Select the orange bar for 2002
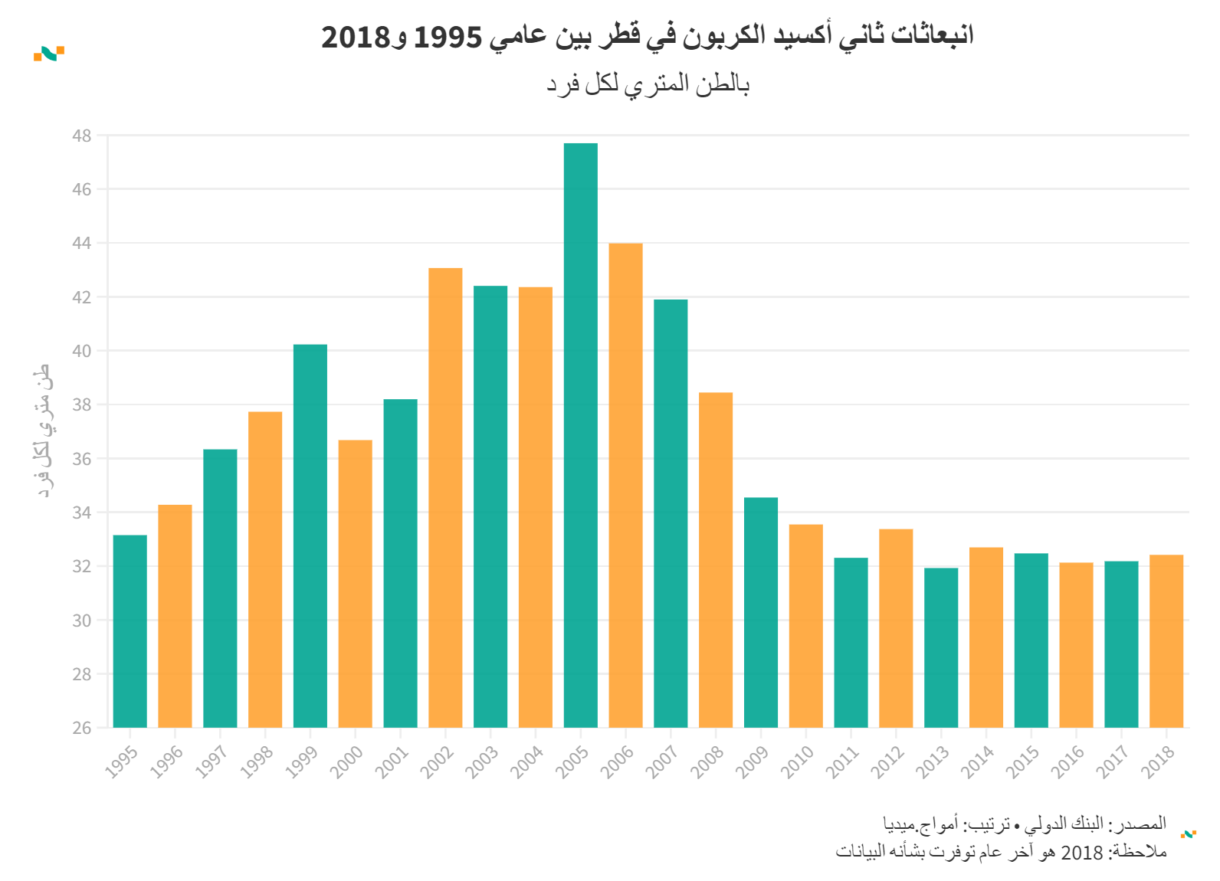[445, 498]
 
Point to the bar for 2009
[761, 612]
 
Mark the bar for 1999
[310, 536]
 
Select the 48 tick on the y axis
[81, 136]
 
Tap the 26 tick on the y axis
[81, 728]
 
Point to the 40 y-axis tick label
[81, 352]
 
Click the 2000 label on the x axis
[346, 761]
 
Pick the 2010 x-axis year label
[797, 761]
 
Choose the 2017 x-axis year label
[1113, 761]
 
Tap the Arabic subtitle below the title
[648, 84]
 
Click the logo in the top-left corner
[49, 54]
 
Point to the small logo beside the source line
[1189, 834]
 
